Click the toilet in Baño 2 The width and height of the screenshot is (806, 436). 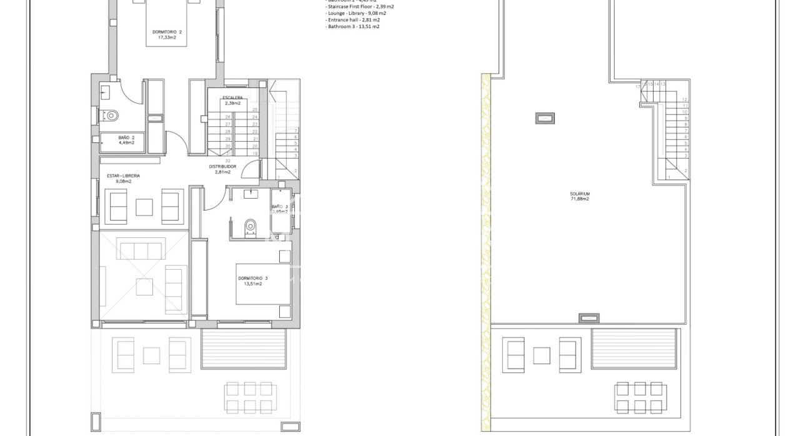point(110,115)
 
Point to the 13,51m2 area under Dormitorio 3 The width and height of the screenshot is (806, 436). point(252,284)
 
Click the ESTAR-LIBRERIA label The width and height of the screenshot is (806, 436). point(122,176)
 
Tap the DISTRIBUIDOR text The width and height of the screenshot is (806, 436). point(222,167)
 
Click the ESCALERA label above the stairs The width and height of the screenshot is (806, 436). point(232,97)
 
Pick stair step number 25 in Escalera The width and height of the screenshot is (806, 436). point(255,109)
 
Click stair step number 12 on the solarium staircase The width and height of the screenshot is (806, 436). point(685,99)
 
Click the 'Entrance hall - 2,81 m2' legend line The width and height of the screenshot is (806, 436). point(353,20)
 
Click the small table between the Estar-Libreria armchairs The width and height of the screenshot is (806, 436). point(145,207)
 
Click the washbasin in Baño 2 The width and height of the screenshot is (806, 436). point(104,92)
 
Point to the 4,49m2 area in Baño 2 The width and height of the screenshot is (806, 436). point(127,142)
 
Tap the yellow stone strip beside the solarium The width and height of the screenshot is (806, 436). point(485,250)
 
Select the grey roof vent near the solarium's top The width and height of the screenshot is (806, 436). point(544,117)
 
